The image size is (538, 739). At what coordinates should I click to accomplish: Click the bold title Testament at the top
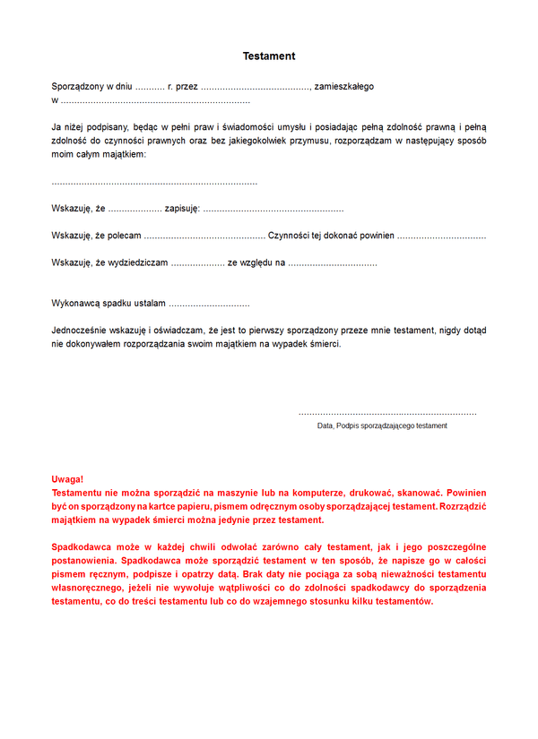point(269,56)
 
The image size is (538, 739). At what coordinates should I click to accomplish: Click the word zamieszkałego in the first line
point(344,87)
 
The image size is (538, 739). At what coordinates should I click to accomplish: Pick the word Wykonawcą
point(75,304)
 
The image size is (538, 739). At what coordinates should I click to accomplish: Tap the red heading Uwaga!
point(68,480)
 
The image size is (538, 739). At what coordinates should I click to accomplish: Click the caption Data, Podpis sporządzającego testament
point(382,425)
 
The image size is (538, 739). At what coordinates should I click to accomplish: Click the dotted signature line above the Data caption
point(387,413)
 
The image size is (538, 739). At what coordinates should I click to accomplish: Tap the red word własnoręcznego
point(87,587)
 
